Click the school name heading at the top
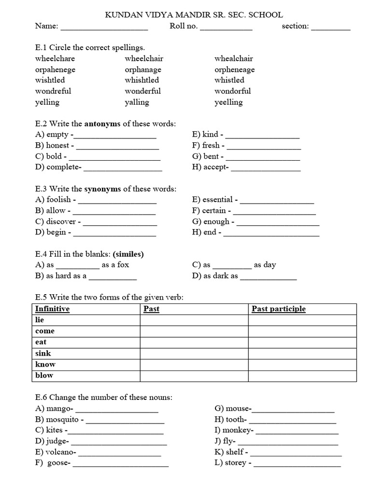(194, 15)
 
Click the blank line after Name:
(104, 27)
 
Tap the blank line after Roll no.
(226, 27)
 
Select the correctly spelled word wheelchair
(144, 58)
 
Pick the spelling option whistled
(229, 80)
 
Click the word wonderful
(143, 91)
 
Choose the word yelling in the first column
(47, 102)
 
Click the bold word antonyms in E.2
(102, 123)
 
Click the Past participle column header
(279, 309)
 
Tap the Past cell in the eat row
(194, 342)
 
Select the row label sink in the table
(43, 353)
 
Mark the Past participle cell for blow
(302, 375)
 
